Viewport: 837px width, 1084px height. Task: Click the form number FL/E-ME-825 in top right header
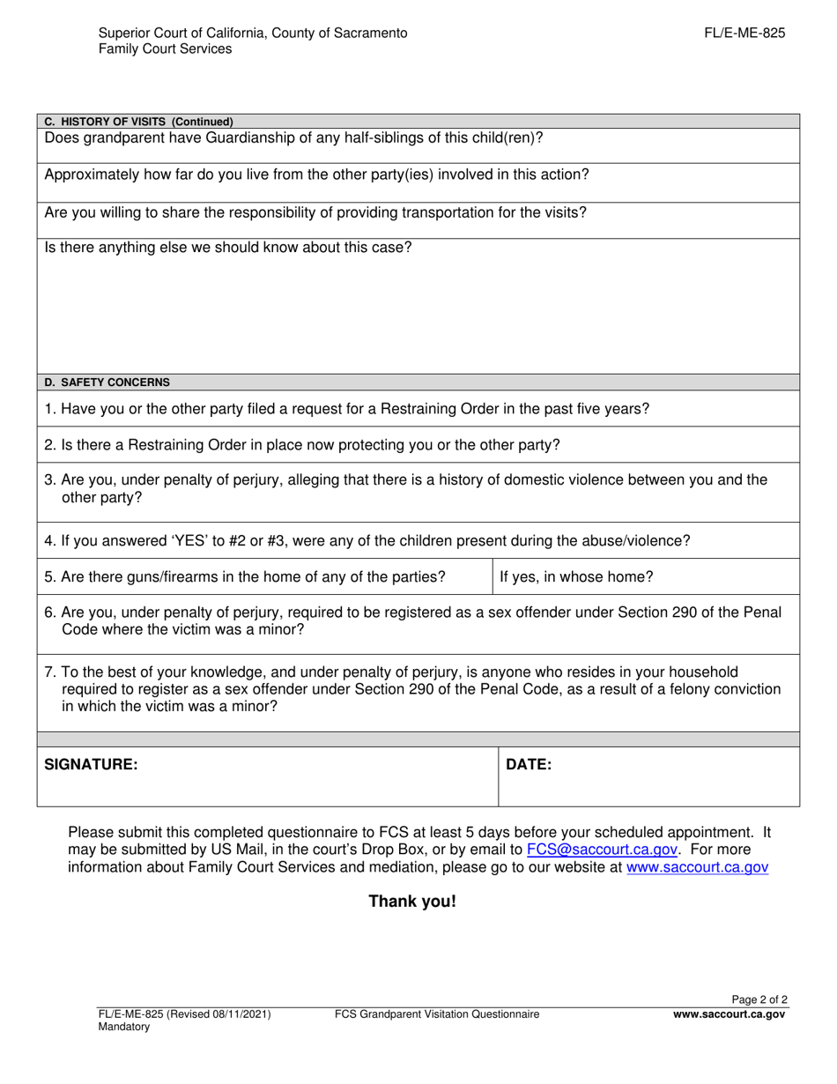click(x=744, y=33)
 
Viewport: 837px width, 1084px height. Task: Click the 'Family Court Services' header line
click(x=166, y=49)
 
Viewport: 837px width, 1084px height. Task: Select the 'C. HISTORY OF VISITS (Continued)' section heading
click(x=138, y=122)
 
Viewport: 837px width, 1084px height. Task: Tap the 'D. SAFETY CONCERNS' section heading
click(x=107, y=382)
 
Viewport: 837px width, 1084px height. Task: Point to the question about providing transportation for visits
click(x=315, y=212)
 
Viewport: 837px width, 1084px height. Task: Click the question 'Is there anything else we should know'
click(x=228, y=248)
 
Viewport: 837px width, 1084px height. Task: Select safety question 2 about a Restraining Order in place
click(x=302, y=445)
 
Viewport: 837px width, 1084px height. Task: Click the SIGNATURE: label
click(x=91, y=765)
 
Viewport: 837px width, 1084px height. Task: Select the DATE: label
click(x=529, y=765)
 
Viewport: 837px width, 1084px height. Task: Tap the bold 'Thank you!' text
click(x=412, y=902)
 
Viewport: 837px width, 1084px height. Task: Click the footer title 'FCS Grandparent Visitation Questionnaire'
click(x=437, y=1014)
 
